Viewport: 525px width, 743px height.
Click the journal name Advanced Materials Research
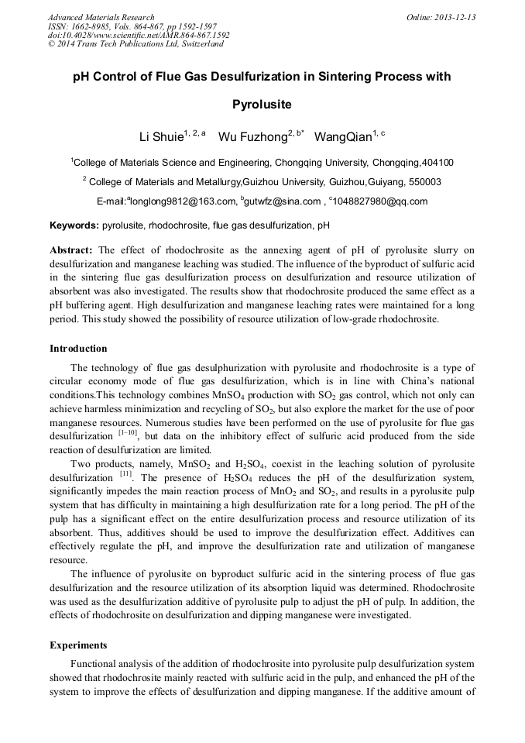[101, 17]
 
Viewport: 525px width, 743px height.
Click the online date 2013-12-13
[455, 17]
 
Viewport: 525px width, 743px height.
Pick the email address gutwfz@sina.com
[283, 201]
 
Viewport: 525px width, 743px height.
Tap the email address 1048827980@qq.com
[381, 201]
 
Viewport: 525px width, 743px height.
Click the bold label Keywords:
[74, 226]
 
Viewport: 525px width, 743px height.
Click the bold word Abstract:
[71, 250]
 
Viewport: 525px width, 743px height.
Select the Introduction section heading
[78, 349]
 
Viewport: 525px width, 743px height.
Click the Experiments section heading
[78, 645]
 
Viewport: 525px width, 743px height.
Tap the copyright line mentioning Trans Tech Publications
[136, 44]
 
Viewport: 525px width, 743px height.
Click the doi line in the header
[139, 36]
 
